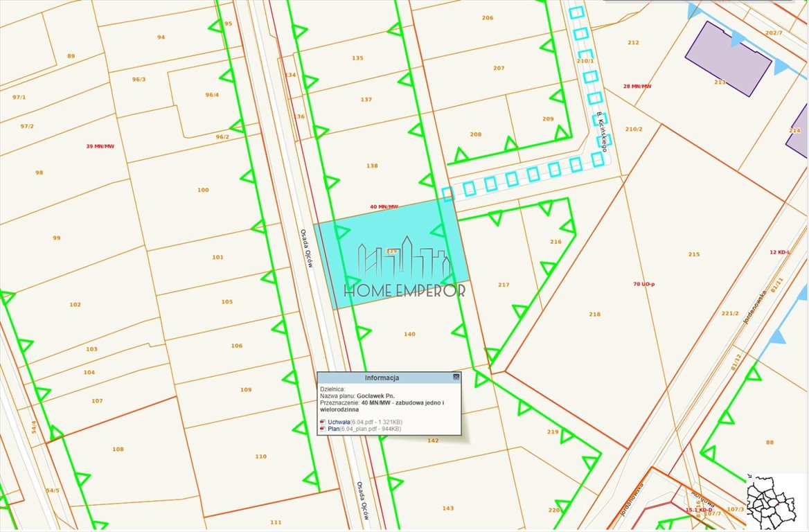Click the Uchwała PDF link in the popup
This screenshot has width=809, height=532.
(x=338, y=422)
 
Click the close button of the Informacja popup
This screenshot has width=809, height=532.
(x=456, y=378)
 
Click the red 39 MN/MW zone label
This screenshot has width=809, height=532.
(x=100, y=146)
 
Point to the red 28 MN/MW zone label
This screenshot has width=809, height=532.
(x=637, y=87)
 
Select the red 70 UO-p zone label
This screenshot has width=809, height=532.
(x=644, y=284)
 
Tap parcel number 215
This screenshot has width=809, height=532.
(x=694, y=254)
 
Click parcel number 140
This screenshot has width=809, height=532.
(x=409, y=335)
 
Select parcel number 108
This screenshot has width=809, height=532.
(x=118, y=450)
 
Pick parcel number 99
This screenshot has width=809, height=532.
(x=57, y=238)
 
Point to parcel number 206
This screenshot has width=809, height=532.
(x=488, y=18)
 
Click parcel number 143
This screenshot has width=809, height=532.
(x=447, y=508)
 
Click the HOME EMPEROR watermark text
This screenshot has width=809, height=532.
(x=405, y=290)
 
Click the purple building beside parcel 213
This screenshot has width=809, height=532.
(x=727, y=59)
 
